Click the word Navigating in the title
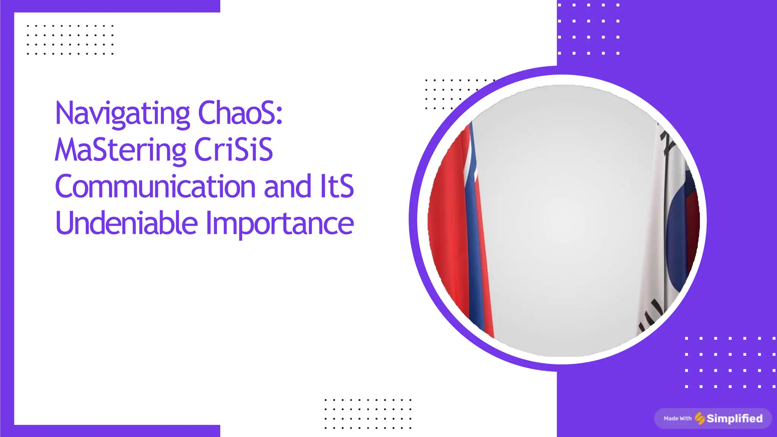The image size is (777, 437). click(x=122, y=114)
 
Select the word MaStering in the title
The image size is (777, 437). click(x=120, y=150)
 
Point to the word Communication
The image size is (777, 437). click(x=156, y=186)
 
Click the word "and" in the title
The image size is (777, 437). click(x=287, y=186)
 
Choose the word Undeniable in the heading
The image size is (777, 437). click(x=127, y=223)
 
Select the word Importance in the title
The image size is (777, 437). click(x=280, y=224)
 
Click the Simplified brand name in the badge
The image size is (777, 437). click(x=735, y=418)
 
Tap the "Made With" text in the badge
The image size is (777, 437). click(x=678, y=418)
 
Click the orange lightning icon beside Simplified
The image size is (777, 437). click(x=700, y=418)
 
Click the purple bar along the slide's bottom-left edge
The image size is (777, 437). click(x=114, y=431)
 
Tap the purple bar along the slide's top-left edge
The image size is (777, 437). click(x=114, y=6)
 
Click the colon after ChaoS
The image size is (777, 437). click(x=279, y=117)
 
